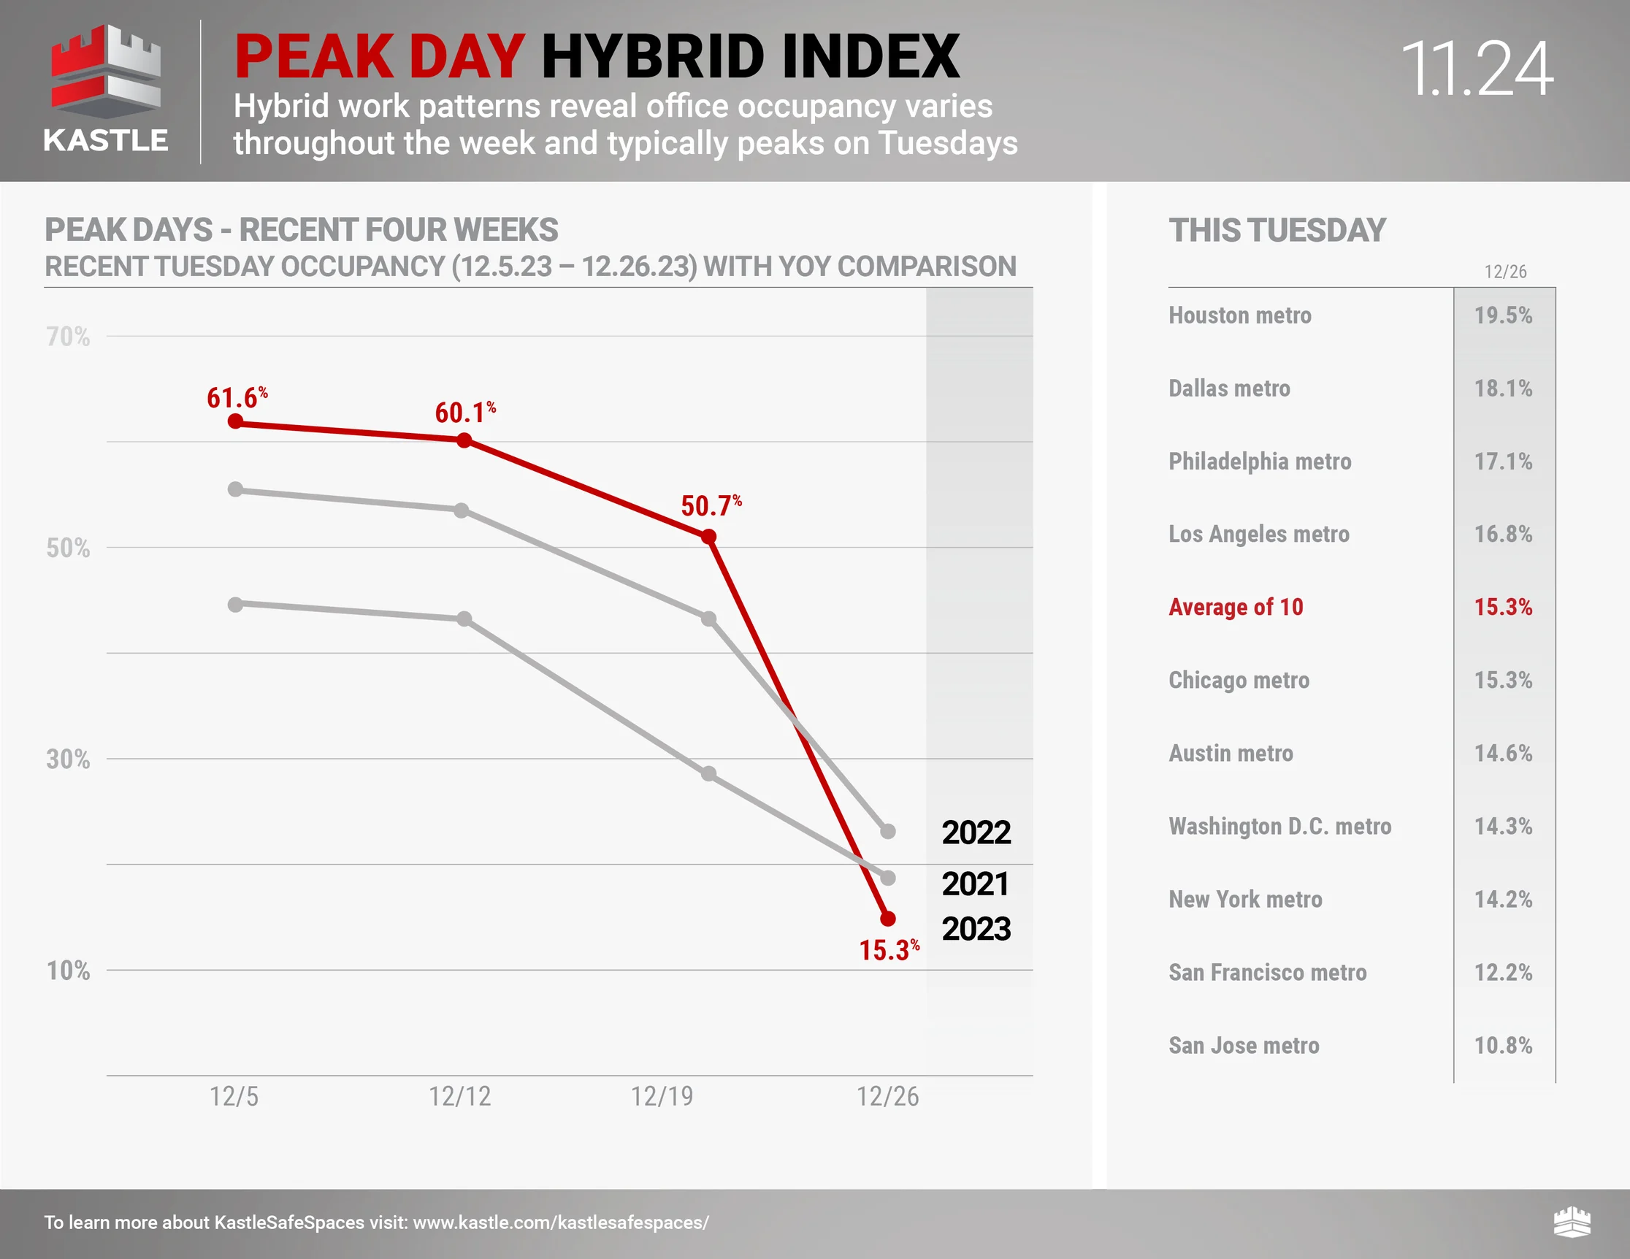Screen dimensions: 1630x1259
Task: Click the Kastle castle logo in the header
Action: (105, 72)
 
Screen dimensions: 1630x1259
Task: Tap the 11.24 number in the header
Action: (1477, 69)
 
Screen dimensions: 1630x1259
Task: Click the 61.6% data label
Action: (237, 398)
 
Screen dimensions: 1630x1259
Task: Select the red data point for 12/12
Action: (464, 440)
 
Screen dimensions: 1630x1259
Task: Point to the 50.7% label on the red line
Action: (711, 506)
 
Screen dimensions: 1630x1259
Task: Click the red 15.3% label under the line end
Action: (889, 950)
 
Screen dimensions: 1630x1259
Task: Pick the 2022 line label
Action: (976, 832)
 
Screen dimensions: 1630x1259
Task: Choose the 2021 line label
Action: (976, 884)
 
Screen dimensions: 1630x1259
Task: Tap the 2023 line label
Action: (976, 929)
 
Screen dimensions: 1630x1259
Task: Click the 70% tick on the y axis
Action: (68, 337)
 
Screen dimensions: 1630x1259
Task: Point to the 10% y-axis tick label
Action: (68, 971)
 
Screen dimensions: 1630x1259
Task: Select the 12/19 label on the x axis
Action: (662, 1096)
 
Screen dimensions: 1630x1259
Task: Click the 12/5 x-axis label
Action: (234, 1096)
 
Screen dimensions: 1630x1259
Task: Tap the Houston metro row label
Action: (1240, 315)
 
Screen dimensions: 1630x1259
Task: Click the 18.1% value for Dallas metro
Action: (1503, 389)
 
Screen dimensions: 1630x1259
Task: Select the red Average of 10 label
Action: (1236, 608)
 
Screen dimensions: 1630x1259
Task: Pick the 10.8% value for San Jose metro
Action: (1503, 1046)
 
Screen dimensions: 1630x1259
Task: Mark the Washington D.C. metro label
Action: (1280, 826)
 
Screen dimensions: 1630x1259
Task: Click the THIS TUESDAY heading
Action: (1277, 230)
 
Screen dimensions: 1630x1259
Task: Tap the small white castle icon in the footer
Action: (1572, 1222)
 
